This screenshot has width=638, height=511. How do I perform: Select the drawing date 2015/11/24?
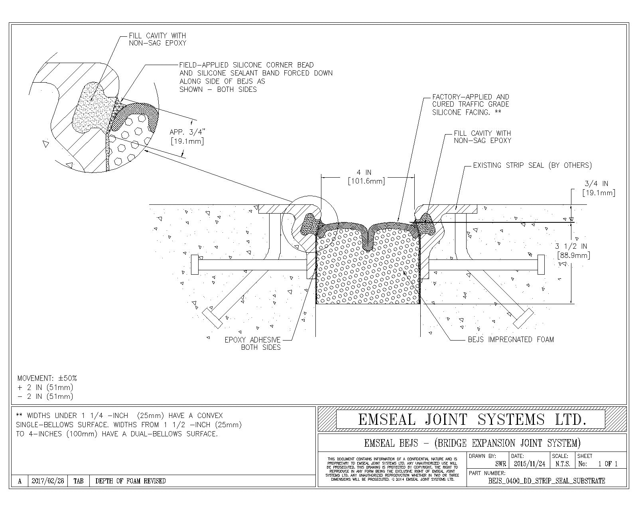[x=530, y=464]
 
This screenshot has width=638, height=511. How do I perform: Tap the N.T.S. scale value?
[x=563, y=464]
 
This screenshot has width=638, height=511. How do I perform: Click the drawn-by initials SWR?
[x=500, y=464]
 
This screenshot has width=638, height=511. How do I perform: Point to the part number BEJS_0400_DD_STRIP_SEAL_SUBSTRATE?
[x=546, y=481]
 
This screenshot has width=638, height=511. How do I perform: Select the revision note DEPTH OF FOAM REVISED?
[x=130, y=481]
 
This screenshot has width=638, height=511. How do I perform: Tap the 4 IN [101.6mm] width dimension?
[x=366, y=177]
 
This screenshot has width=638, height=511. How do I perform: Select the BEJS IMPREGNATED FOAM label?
[x=511, y=339]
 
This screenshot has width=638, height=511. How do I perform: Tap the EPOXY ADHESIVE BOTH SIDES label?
[x=252, y=343]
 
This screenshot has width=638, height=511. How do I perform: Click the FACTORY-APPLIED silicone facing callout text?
[x=471, y=105]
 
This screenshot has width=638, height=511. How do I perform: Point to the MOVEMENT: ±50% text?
[x=47, y=378]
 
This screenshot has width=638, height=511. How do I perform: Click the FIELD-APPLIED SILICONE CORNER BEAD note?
[x=256, y=77]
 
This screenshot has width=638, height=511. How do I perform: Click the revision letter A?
[x=20, y=481]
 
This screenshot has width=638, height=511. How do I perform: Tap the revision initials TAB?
[x=79, y=481]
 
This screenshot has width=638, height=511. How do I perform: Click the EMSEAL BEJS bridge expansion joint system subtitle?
[x=472, y=443]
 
